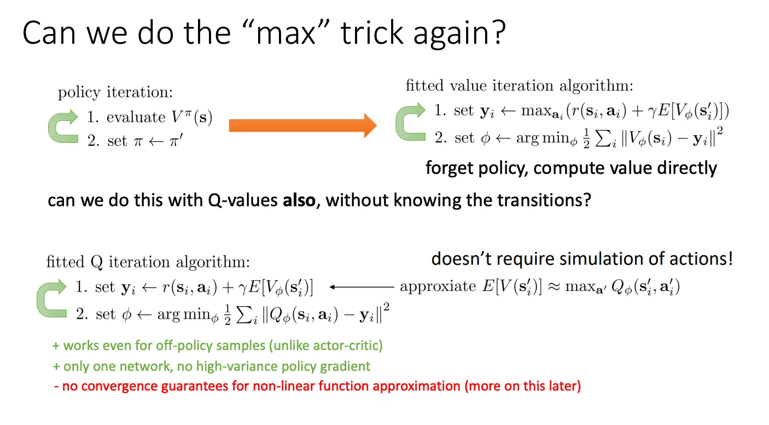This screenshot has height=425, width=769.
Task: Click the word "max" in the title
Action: click(286, 33)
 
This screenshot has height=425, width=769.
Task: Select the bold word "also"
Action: click(299, 200)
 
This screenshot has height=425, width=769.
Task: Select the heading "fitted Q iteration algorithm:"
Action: click(148, 263)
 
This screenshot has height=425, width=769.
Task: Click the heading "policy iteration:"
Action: click(115, 92)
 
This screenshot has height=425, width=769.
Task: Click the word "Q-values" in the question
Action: click(243, 200)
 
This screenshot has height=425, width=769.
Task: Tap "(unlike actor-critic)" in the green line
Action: click(326, 346)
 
